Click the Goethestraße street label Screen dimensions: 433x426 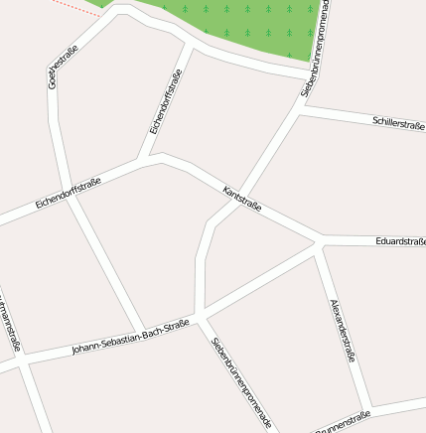point(62,66)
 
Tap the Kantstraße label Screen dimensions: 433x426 point(242,198)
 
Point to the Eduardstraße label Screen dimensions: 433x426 point(400,240)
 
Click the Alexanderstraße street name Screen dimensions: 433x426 point(343,329)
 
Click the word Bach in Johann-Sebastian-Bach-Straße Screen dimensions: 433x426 point(153,334)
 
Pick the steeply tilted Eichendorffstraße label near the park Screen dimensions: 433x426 point(166,102)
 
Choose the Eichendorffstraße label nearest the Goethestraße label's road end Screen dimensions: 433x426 point(69,191)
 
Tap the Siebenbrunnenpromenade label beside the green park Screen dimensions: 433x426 point(316,50)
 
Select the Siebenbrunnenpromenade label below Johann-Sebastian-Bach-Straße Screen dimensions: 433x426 point(241,382)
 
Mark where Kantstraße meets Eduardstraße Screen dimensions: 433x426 point(321,239)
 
